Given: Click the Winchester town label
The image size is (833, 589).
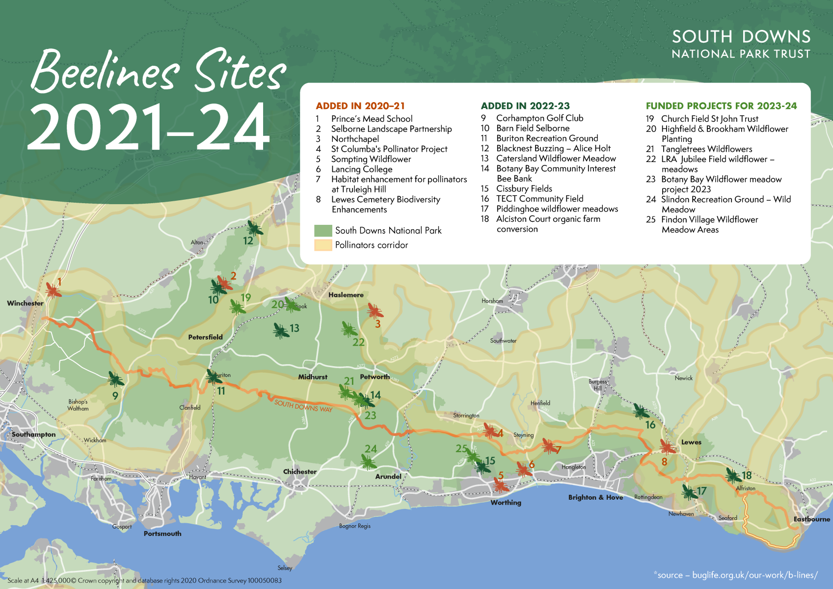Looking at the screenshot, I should [x=25, y=303].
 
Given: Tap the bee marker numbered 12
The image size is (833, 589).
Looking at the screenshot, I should [x=254, y=228].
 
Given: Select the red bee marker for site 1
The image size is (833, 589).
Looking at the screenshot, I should [x=53, y=290].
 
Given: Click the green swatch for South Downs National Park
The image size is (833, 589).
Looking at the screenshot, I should [x=323, y=231].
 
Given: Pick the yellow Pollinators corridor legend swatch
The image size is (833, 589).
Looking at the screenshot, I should [x=323, y=245].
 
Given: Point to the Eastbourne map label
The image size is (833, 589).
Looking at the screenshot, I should [x=811, y=519].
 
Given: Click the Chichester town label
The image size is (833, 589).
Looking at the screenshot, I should [x=299, y=472].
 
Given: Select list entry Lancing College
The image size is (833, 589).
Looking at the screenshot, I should [x=361, y=169].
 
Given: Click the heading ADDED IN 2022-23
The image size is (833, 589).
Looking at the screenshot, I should [x=525, y=106].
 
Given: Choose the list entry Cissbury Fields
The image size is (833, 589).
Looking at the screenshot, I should [x=524, y=189].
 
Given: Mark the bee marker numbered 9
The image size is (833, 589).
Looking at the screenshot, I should [x=116, y=379].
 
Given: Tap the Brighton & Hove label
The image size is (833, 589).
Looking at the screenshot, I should [x=595, y=498].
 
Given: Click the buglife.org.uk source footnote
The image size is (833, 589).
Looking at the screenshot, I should [x=736, y=575].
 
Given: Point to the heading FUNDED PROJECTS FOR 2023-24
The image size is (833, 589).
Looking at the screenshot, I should [x=721, y=106].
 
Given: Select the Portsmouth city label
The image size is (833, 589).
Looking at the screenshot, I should [x=162, y=534].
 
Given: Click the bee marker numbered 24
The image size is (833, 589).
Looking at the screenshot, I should [x=368, y=461].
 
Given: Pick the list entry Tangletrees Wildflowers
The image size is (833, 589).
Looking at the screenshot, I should [x=706, y=149].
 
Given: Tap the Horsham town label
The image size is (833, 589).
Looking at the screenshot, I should [x=492, y=301].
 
